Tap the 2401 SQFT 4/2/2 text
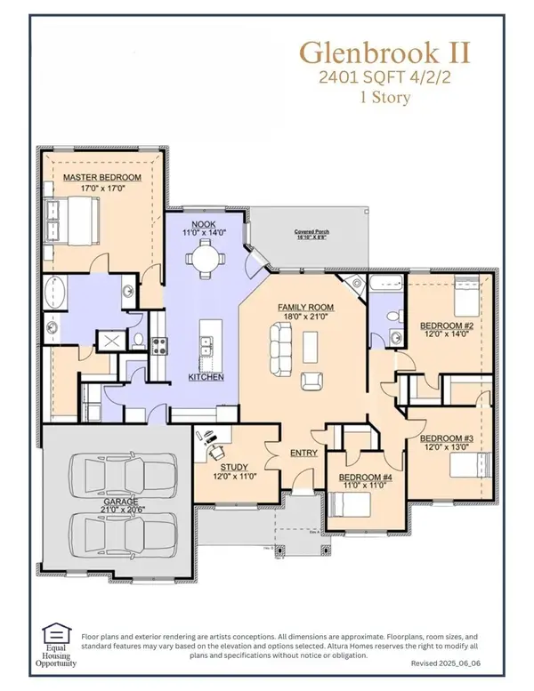click(371, 77)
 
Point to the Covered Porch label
click(314, 232)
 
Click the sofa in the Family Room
click(281, 340)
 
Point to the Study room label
click(230, 467)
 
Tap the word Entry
click(303, 454)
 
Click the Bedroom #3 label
click(444, 439)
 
